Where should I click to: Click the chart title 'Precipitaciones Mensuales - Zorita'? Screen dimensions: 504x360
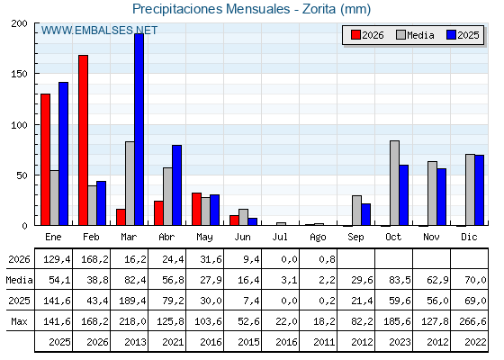tap(234, 9)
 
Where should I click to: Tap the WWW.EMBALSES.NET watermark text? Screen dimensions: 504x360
tap(99, 31)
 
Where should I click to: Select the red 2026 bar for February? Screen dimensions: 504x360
tap(83, 140)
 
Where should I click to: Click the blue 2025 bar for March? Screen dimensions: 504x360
tap(139, 130)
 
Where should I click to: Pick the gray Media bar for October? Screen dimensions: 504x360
tap(395, 183)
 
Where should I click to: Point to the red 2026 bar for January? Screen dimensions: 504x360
tap(45, 160)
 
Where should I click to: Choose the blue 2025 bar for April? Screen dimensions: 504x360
tap(176, 185)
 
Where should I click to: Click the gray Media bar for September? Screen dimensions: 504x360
tap(356, 211)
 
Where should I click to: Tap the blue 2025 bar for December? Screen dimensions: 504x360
tap(480, 190)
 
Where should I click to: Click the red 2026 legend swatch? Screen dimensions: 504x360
tap(355, 35)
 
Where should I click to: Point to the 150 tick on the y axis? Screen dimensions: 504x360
tap(19, 74)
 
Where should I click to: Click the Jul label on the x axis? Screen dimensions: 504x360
tap(280, 237)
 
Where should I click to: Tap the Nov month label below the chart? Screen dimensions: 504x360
tap(431, 237)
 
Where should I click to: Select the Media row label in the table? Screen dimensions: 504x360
tap(19, 280)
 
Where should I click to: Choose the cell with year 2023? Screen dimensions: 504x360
tap(400, 342)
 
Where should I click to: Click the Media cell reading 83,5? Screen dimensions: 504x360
tap(400, 280)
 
